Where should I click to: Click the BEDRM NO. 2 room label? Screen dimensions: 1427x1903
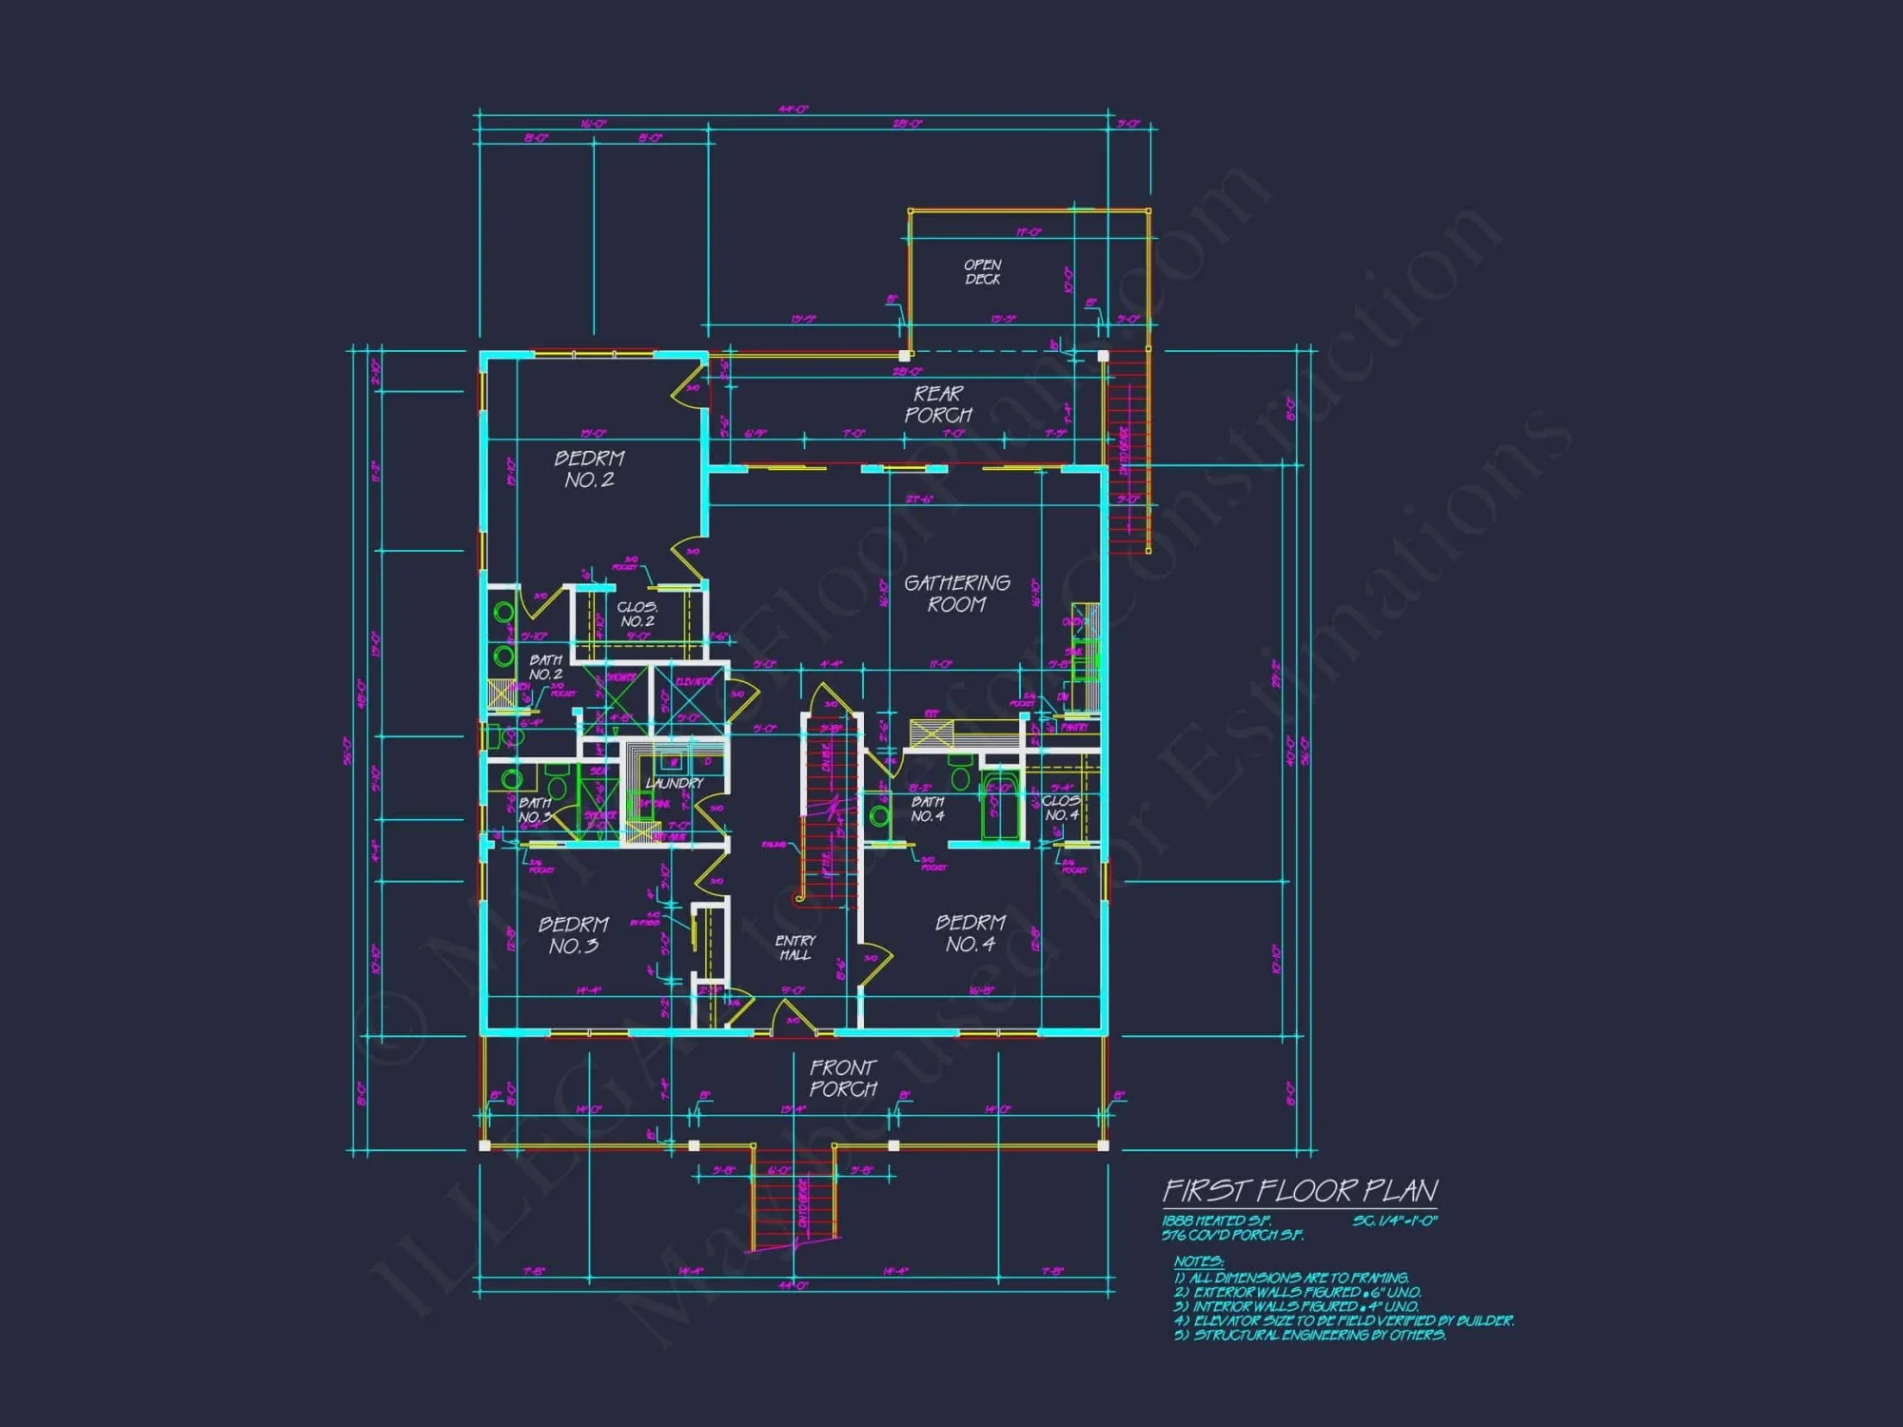[x=589, y=469]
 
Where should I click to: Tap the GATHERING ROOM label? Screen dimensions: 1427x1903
[x=956, y=594]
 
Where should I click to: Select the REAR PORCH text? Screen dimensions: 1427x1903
[x=938, y=404]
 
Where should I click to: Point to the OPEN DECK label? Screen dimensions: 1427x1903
[x=982, y=272]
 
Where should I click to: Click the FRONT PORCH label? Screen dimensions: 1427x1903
[x=843, y=1078]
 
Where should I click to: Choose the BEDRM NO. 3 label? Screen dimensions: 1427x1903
[x=573, y=935]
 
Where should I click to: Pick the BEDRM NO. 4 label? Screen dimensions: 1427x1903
[x=970, y=933]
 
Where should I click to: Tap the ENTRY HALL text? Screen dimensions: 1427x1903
[x=795, y=948]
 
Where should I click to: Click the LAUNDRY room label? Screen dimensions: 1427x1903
[x=674, y=783]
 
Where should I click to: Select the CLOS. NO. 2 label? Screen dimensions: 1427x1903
[x=637, y=614]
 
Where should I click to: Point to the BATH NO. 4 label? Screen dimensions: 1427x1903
[x=927, y=810]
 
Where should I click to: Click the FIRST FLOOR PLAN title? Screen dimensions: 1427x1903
[x=1300, y=1191]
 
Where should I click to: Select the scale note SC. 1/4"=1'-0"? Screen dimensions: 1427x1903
[x=1394, y=1221]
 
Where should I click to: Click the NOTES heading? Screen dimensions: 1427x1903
[x=1199, y=1261]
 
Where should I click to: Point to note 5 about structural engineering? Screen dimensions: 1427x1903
[x=1310, y=1335]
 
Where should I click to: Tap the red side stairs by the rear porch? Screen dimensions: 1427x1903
[x=1128, y=452]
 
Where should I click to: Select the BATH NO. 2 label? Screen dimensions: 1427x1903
[x=545, y=667]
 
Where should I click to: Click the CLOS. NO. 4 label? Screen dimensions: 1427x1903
[x=1061, y=808]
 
